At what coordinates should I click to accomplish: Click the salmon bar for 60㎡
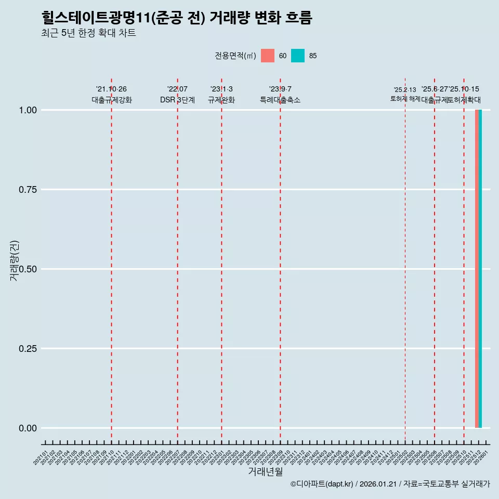pos(477,269)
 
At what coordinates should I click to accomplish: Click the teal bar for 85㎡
pos(480,269)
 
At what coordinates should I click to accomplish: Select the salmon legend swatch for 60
pos(268,56)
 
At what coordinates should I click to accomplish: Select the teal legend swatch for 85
pos(298,56)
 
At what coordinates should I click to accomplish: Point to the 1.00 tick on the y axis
pos(28,110)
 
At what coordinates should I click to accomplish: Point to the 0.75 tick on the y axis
pos(28,190)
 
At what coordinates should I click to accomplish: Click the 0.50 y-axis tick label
pos(28,269)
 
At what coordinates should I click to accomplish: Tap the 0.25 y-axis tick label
pos(28,349)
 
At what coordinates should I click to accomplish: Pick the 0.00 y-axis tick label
pos(28,428)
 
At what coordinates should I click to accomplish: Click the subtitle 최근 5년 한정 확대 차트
pos(88,33)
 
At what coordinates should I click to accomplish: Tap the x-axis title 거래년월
pos(265,472)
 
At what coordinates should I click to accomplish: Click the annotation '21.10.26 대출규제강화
pos(111,95)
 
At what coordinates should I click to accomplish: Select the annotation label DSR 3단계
pos(177,100)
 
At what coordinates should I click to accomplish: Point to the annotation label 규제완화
pos(221,100)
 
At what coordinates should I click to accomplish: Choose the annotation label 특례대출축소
pos(280,100)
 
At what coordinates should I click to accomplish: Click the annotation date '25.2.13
pos(405,90)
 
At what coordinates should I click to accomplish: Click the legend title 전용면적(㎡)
pos(235,56)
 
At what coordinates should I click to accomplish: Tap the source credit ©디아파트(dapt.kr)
pos(322,484)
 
